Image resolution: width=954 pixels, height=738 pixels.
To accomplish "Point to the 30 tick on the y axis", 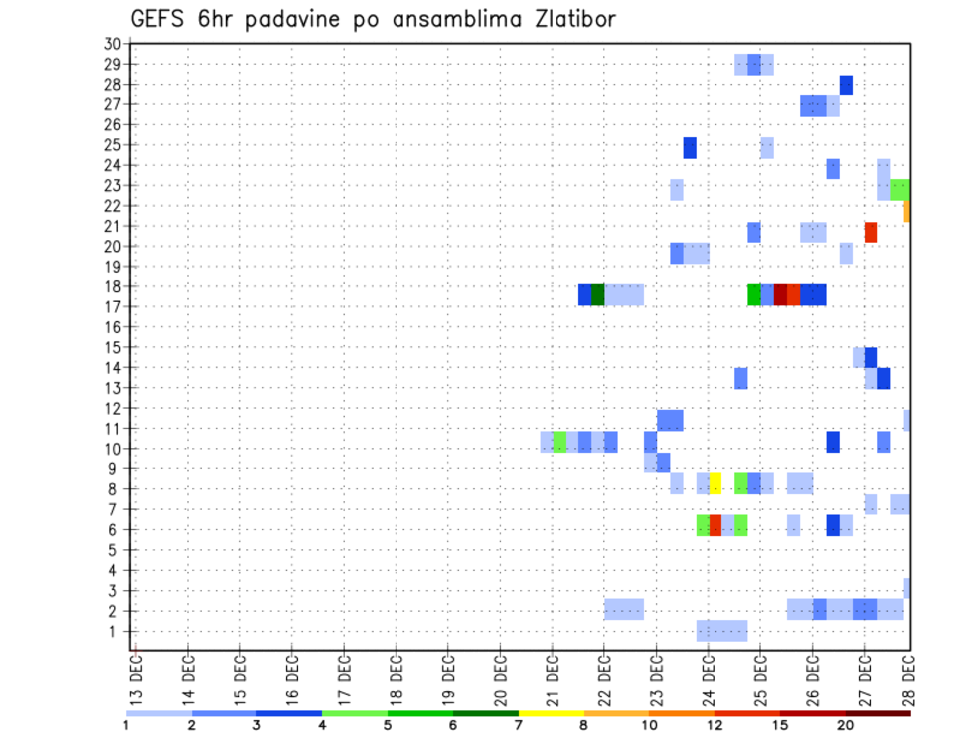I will tap(112, 43).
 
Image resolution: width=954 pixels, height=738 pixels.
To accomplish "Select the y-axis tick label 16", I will tap(112, 326).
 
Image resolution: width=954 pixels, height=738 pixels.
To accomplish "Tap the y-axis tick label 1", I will tap(116, 631).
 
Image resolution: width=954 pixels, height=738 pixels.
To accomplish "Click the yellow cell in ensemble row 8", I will tap(715, 483).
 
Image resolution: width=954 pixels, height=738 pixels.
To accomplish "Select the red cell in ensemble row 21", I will tap(871, 232).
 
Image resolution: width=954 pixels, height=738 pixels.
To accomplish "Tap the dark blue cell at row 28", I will tap(846, 86).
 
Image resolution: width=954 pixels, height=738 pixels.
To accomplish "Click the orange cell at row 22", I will tap(907, 211).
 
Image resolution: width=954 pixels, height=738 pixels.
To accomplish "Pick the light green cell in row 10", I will tap(559, 442).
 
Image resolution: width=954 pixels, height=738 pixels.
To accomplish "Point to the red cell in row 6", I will tap(715, 525).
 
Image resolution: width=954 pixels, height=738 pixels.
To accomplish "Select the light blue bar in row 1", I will tap(721, 631).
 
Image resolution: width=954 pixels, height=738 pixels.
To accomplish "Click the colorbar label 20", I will tap(846, 724).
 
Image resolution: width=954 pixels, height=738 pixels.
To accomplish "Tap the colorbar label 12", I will tap(715, 724).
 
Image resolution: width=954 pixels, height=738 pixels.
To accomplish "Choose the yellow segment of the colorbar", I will tap(551, 713).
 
